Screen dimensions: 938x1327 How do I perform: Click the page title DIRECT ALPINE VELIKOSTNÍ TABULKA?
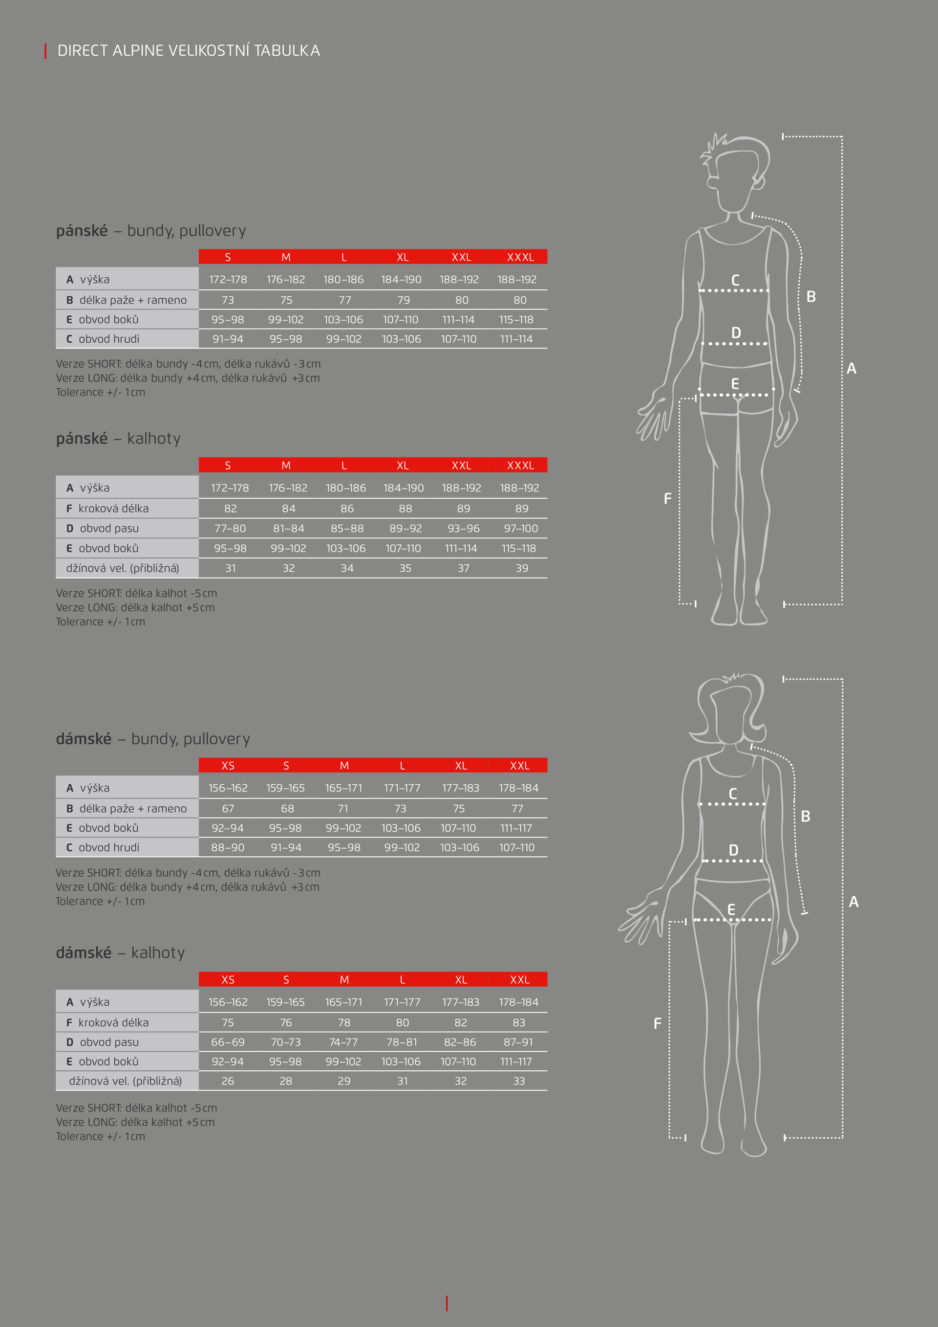(x=188, y=51)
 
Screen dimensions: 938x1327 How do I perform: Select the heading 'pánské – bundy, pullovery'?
(x=151, y=231)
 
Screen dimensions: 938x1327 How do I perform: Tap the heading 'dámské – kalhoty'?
(x=120, y=952)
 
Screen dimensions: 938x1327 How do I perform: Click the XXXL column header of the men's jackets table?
(x=520, y=257)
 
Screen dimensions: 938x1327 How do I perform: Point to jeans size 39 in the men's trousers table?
(x=522, y=568)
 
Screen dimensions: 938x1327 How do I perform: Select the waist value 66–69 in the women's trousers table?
(x=228, y=1042)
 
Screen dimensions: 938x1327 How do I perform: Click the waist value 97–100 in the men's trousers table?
(x=520, y=528)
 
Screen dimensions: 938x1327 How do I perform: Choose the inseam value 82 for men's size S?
(x=231, y=509)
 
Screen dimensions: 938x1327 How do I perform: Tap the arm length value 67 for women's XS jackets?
(x=228, y=809)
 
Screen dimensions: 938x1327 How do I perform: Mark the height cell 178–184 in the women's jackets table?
(x=519, y=788)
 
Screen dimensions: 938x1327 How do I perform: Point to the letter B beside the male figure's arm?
(x=811, y=296)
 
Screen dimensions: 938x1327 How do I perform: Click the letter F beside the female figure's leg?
(x=657, y=1023)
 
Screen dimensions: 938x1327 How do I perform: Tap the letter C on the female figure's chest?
(x=733, y=794)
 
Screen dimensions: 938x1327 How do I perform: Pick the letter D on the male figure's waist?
(x=736, y=333)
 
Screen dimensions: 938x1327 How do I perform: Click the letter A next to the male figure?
(x=852, y=368)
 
